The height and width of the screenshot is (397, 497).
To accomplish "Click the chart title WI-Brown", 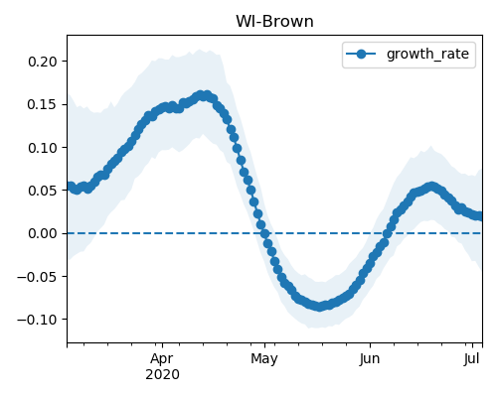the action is tap(274, 22).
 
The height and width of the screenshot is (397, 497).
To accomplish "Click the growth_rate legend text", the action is tap(427, 54).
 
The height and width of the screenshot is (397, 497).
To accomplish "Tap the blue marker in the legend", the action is tap(361, 54).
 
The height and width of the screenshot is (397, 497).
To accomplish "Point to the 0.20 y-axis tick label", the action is tap(43, 62).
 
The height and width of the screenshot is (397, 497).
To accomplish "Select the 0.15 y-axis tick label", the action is tap(43, 104).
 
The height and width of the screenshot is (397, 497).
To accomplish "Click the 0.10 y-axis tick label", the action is tap(43, 148).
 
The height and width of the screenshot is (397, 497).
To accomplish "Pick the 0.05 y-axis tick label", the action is tap(43, 191).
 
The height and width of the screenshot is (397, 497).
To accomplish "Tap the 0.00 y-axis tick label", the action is tap(43, 233).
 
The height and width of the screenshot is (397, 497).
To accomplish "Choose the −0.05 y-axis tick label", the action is tap(37, 277).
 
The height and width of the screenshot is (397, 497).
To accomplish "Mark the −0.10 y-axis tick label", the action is tap(37, 320).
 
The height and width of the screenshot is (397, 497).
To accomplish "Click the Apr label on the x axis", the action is tap(162, 359).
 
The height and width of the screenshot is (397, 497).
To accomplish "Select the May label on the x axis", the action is tap(264, 359).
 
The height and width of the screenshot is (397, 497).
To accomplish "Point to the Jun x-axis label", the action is tap(370, 359).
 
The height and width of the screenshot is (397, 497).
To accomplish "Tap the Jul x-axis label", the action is tap(471, 359).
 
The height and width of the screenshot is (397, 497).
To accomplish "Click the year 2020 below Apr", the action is tap(162, 374).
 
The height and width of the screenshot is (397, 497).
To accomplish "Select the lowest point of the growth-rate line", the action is tap(319, 307).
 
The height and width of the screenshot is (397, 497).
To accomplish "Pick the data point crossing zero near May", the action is tap(264, 234).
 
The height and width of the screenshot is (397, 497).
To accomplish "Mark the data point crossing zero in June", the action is tap(387, 234).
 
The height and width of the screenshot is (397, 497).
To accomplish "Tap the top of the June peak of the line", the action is tap(431, 187).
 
